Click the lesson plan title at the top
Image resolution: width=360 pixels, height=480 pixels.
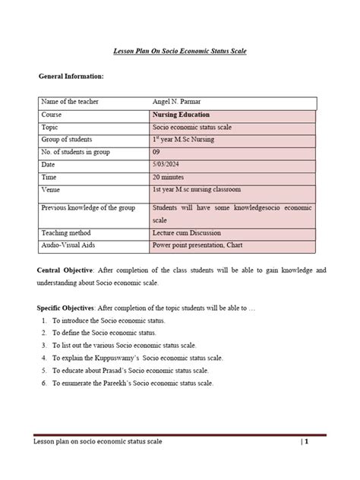pyautogui.click(x=180, y=50)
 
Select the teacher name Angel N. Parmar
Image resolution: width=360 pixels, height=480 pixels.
pyautogui.click(x=180, y=102)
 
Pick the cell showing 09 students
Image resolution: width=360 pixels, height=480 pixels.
pyautogui.click(x=157, y=153)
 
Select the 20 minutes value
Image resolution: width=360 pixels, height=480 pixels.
pyautogui.click(x=169, y=177)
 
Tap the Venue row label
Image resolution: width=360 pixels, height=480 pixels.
pyautogui.click(x=53, y=190)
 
